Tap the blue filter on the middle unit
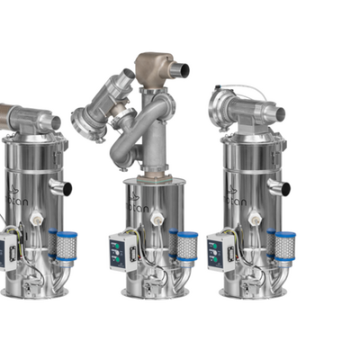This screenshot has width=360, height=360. point(186,246)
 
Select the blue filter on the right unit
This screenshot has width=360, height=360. point(284,246)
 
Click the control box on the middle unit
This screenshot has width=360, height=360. point(122,252)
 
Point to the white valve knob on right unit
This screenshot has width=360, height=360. point(255,219)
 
